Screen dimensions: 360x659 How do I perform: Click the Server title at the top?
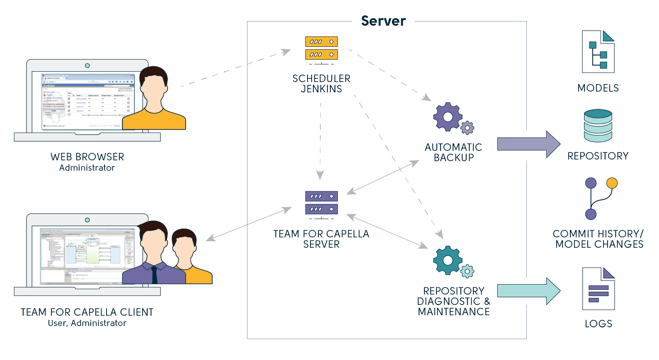pyautogui.click(x=383, y=21)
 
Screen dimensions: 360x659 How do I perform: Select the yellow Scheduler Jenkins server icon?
pyautogui.click(x=321, y=48)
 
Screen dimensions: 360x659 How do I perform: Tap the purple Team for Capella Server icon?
pyautogui.click(x=321, y=203)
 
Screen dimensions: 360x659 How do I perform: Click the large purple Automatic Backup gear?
pyautogui.click(x=448, y=117)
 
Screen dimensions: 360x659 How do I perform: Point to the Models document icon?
pyautogui.click(x=598, y=52)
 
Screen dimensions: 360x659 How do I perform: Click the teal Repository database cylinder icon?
pyautogui.click(x=598, y=126)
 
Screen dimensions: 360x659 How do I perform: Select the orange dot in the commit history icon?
pyautogui.click(x=612, y=183)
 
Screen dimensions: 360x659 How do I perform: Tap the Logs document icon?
pyautogui.click(x=598, y=289)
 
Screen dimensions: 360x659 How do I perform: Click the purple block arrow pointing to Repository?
pyautogui.click(x=528, y=145)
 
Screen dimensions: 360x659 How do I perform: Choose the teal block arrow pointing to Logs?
pyautogui.click(x=528, y=291)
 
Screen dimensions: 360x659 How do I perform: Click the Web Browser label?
pyautogui.click(x=87, y=157)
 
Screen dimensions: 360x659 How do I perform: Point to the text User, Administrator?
pyautogui.click(x=87, y=323)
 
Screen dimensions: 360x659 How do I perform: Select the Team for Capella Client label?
pyautogui.click(x=87, y=312)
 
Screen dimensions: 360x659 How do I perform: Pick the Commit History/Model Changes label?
pyautogui.click(x=598, y=239)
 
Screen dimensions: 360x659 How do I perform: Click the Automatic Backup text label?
pyautogui.click(x=453, y=152)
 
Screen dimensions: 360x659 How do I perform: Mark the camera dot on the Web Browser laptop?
pyautogui.click(x=87, y=65)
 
